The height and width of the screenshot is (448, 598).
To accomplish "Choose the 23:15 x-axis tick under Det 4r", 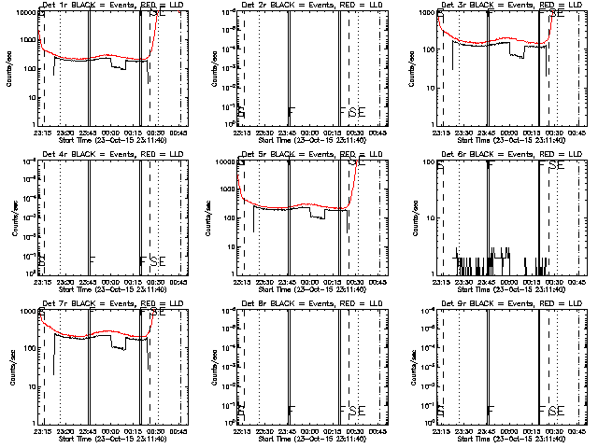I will [39, 281].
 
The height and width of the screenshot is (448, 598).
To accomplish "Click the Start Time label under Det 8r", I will [301, 439].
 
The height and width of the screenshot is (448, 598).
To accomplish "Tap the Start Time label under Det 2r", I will [301, 140].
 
